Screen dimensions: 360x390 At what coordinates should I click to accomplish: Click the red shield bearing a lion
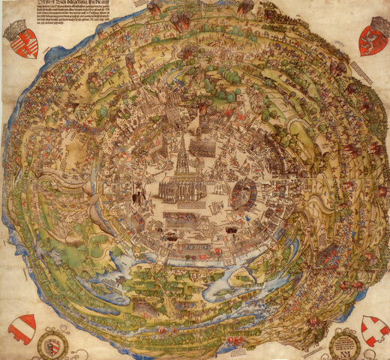373,41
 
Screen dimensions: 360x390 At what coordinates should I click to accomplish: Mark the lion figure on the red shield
373,42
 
